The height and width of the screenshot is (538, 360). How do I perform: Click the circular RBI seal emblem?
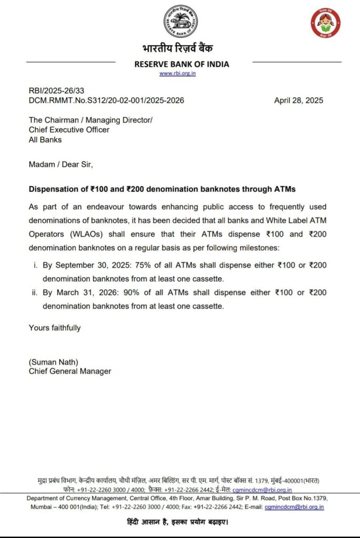(180, 22)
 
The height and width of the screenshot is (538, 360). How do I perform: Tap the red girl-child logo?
(325, 23)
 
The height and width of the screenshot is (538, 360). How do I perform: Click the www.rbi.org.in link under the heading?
(178, 74)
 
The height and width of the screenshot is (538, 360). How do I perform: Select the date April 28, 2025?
(299, 100)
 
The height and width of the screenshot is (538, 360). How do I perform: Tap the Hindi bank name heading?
(180, 49)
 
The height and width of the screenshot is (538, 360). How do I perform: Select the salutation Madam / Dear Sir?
(60, 164)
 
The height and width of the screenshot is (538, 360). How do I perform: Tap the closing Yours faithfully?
(55, 328)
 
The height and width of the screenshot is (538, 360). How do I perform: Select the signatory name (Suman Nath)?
(53, 362)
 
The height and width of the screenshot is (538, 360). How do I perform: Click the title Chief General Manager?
(70, 371)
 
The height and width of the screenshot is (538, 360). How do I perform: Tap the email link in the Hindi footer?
(262, 490)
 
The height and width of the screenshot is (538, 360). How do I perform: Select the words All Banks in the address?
(45, 139)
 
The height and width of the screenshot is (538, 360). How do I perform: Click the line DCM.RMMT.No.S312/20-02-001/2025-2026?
(107, 100)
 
